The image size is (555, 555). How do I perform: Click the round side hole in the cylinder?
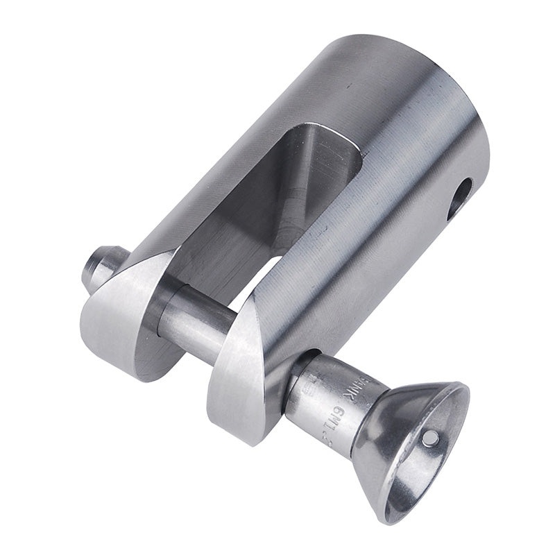(459, 198)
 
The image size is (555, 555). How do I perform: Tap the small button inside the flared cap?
(431, 437)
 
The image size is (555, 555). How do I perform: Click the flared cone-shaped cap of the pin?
(409, 444)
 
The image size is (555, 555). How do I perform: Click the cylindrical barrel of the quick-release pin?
(326, 395)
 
